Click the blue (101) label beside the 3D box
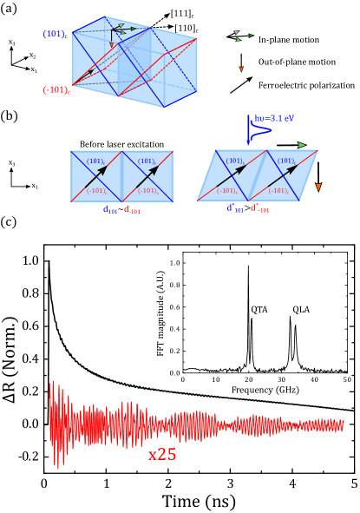tap(55, 34)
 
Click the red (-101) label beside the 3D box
tap(56, 89)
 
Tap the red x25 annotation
tap(162, 454)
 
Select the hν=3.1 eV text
tap(274, 118)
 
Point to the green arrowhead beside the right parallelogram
tap(302, 145)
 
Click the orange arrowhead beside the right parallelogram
tap(318, 187)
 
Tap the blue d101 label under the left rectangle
tap(111, 209)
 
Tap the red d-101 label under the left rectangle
tap(132, 209)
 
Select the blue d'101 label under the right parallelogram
tap(235, 208)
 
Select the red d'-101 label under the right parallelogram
tap(259, 208)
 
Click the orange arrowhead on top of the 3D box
tap(111, 45)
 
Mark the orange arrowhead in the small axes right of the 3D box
tap(241, 69)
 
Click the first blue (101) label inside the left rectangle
tap(95, 161)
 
